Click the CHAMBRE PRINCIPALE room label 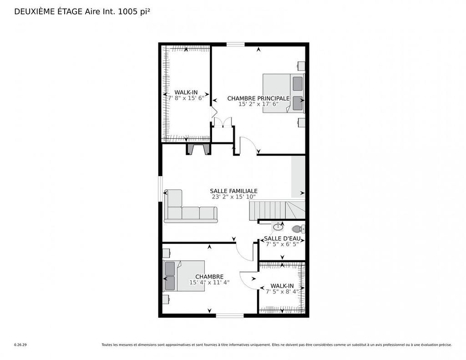coord(258,98)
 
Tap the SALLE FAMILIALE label coord(233,191)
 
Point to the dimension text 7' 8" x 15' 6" coord(186,98)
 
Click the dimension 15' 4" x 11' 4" coord(209,282)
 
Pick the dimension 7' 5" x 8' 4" coord(282,291)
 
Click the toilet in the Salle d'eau coord(297,228)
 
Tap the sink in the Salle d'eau coord(278,227)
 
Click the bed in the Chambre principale coord(283,93)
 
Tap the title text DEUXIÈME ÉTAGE coord(49,12)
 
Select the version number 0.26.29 coord(20,345)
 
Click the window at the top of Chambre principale coord(235,44)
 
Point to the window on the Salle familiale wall coord(160,188)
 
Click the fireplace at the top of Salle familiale coord(198,150)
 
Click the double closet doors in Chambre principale coord(223,122)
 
